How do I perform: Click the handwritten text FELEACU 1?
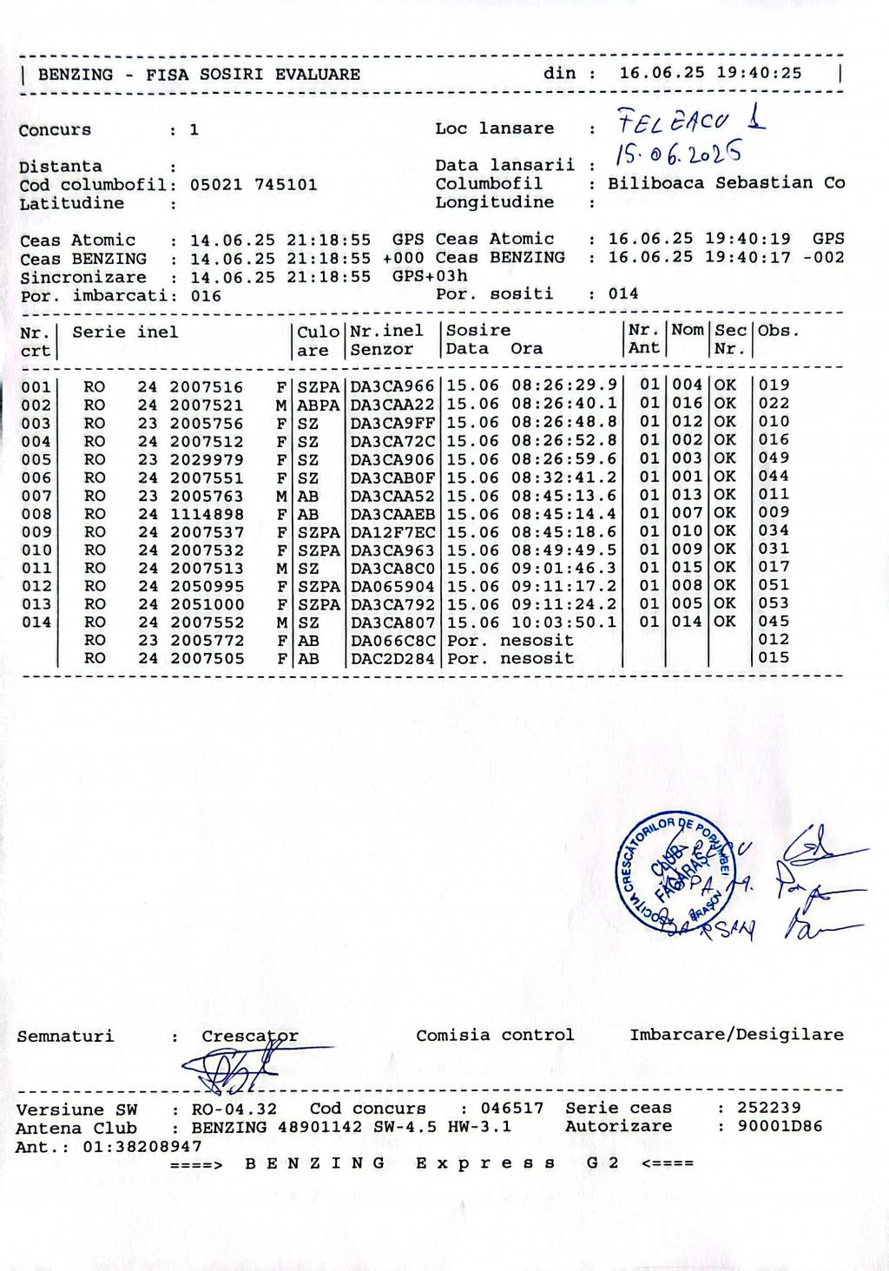point(689,121)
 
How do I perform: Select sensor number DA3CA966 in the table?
point(392,386)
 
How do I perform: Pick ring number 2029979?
point(207,459)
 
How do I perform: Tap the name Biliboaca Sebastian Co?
point(726,183)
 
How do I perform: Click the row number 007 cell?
point(36,496)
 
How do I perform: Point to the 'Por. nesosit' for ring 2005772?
point(510,641)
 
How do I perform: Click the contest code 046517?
point(512,1109)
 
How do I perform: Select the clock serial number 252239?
point(768,1108)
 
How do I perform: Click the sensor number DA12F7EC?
point(392,532)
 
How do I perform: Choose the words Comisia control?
point(495,1035)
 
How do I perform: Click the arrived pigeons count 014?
point(622,293)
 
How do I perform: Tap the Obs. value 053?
point(774,603)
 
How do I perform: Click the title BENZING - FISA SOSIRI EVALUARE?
point(199,75)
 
